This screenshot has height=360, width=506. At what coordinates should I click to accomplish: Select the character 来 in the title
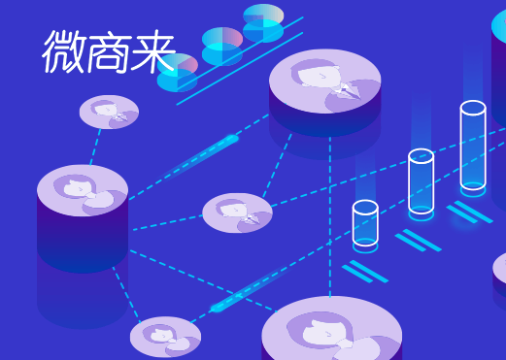coord(152,52)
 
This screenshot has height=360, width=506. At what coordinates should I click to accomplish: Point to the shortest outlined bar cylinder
coord(365,223)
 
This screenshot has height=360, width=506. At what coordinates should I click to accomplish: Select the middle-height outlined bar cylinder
coord(421,181)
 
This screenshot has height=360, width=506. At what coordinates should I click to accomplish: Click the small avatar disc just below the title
coord(109,111)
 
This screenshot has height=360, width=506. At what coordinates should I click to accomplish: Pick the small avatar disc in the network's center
coord(237,212)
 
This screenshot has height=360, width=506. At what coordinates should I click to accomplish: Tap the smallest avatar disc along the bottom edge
coord(165,337)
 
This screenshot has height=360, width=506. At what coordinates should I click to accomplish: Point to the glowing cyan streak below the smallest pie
coord(208,151)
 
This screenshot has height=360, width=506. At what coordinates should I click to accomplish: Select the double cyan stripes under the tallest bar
coord(470,211)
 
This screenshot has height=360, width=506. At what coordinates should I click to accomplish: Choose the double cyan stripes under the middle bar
coord(419,240)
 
